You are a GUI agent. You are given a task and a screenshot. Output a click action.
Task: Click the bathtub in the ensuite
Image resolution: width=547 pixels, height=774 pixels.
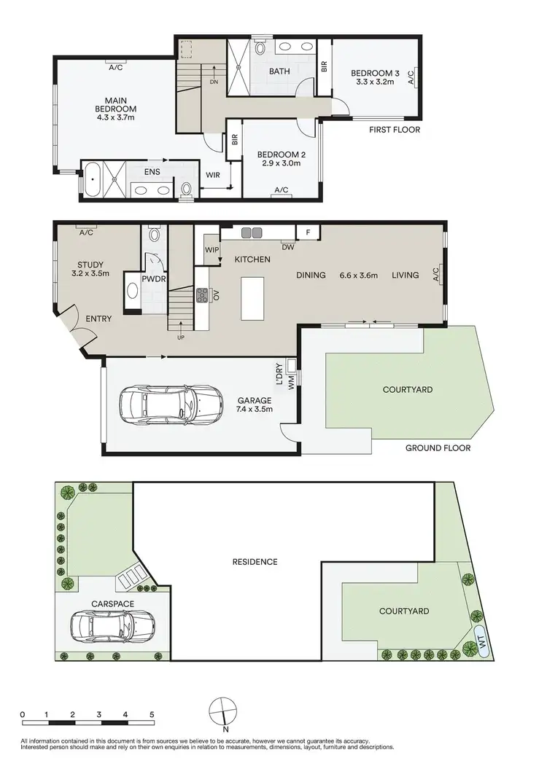[93, 179]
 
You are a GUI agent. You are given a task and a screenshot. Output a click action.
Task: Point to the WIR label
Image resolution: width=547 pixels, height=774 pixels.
[214, 175]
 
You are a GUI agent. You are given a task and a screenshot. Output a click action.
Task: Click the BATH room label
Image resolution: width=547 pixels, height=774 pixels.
[279, 71]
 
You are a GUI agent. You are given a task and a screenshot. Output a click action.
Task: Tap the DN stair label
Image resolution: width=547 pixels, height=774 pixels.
[214, 82]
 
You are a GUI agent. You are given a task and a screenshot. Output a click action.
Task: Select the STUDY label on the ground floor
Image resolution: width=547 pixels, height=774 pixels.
[92, 265]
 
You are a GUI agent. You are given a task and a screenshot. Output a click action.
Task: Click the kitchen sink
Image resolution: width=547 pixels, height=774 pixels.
[252, 232]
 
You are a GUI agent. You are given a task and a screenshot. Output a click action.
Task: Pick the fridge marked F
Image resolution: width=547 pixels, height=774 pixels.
[308, 232]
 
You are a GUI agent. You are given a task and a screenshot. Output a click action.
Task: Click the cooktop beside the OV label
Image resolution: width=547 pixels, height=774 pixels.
[202, 295]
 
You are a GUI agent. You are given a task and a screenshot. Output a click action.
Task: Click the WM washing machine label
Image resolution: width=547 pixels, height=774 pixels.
[291, 383]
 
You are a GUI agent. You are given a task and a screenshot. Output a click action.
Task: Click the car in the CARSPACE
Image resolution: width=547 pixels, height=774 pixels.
[113, 625]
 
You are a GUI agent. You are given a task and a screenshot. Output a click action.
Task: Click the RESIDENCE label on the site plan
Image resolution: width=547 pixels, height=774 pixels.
[255, 562]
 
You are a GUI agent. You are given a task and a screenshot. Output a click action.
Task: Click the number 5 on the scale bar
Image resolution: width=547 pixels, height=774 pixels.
[151, 714]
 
